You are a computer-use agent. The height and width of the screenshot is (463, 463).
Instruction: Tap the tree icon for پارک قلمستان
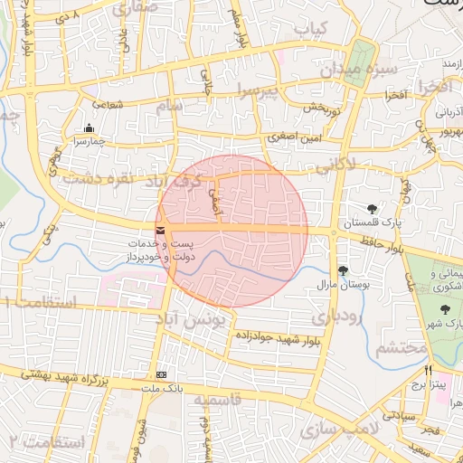(373, 209)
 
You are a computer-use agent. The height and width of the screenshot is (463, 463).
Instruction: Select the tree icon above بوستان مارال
(343, 269)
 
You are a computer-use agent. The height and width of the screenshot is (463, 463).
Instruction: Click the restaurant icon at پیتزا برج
(428, 371)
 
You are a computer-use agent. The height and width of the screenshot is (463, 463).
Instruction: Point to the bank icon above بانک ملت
(162, 374)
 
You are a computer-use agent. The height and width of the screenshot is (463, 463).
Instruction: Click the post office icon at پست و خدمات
(161, 231)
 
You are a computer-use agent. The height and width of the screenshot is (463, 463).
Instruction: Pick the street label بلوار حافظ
(377, 244)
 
